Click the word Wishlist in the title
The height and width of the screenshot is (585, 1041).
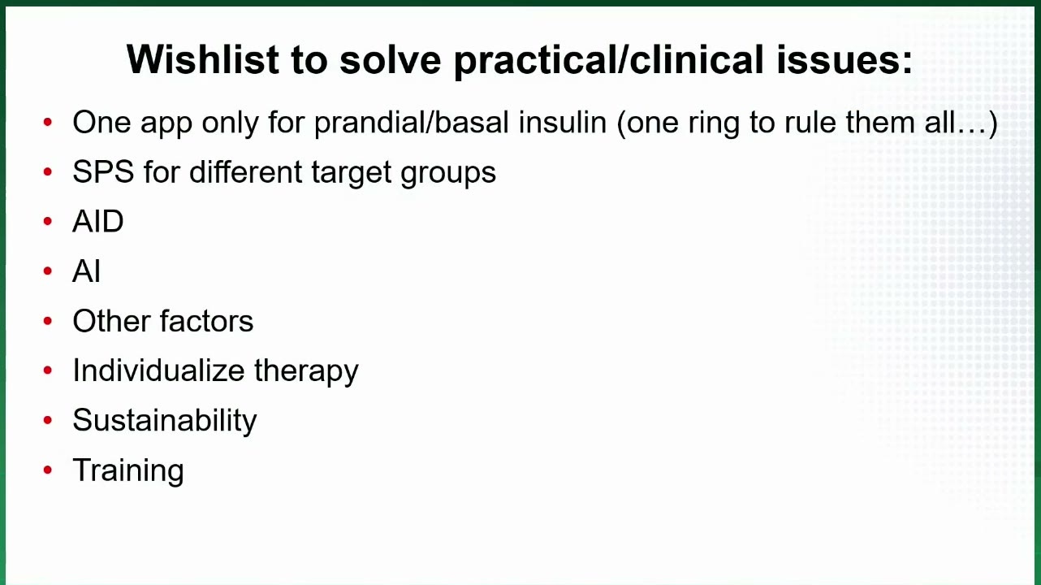[x=203, y=59]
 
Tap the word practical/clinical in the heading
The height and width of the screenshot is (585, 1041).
[x=609, y=60]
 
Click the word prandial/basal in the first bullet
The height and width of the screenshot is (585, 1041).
[x=412, y=123]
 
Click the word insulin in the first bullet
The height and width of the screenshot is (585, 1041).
[x=563, y=122]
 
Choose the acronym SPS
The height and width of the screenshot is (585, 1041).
[x=103, y=171]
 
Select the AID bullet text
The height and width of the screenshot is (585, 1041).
[x=98, y=221]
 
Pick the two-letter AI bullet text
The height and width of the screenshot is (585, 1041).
[x=86, y=271]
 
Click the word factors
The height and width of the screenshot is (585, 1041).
[x=206, y=321]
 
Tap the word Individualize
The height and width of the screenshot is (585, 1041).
[x=158, y=370]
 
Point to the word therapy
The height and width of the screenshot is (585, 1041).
[x=306, y=371]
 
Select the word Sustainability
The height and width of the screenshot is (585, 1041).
[x=165, y=421]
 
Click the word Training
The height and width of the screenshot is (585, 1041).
[x=128, y=470]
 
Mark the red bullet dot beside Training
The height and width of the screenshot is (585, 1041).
[x=47, y=470]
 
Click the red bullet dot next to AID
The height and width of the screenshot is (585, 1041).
[x=47, y=221]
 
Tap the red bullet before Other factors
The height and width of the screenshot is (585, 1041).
[x=47, y=321]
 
